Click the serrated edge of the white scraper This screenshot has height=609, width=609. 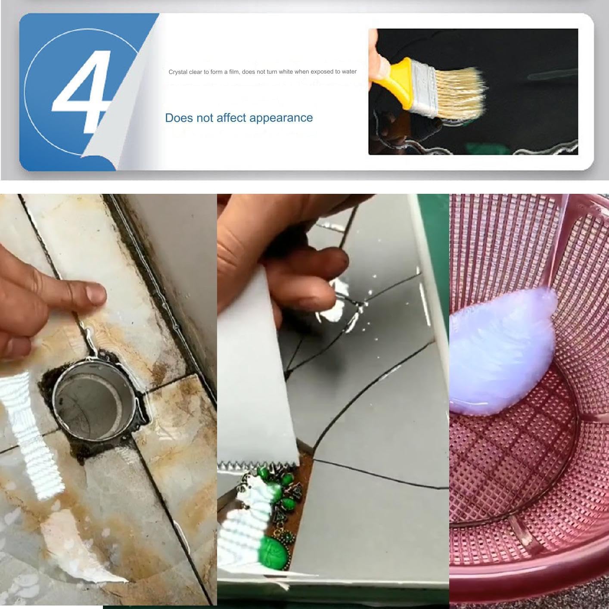point(258,465)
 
